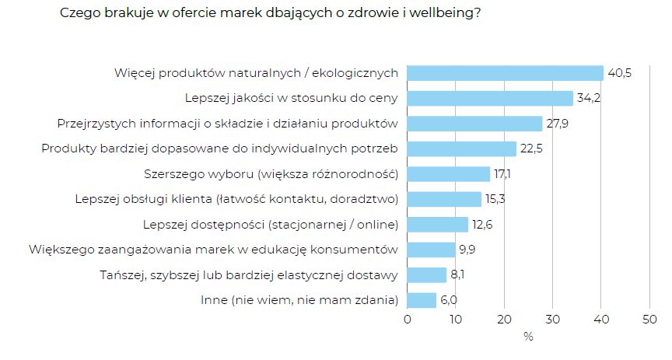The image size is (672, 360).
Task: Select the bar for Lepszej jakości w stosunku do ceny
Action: pyautogui.click(x=490, y=99)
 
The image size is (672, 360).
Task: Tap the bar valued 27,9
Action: pyautogui.click(x=474, y=124)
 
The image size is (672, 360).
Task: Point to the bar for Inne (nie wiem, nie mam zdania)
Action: pyautogui.click(x=422, y=300)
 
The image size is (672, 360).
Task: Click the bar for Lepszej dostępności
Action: pyautogui.click(x=438, y=225)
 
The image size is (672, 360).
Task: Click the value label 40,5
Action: pyautogui.click(x=619, y=73)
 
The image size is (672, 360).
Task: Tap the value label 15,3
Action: pyautogui.click(x=497, y=200)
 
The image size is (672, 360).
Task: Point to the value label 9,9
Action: pyautogui.click(x=468, y=250)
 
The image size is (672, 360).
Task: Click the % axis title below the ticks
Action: pyautogui.click(x=528, y=337)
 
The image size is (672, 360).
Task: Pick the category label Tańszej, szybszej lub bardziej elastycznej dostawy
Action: pyautogui.click(x=250, y=275)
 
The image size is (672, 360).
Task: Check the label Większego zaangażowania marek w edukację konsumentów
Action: pyautogui.click(x=213, y=250)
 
